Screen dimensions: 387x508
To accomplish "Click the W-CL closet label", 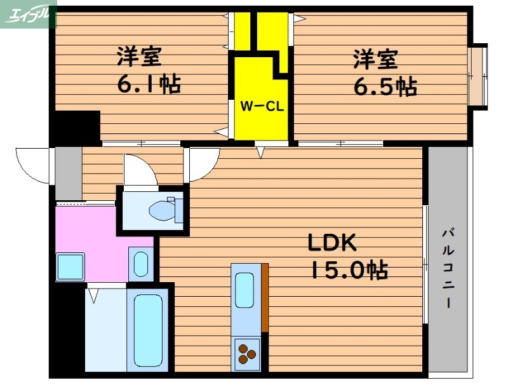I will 260,106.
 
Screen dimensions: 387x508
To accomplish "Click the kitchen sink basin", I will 245,290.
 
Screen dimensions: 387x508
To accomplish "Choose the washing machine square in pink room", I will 70,267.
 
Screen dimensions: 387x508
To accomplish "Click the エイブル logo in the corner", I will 29,13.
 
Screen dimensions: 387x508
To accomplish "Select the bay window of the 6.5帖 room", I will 478,76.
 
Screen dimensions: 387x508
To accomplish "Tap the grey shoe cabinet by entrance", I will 69,173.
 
